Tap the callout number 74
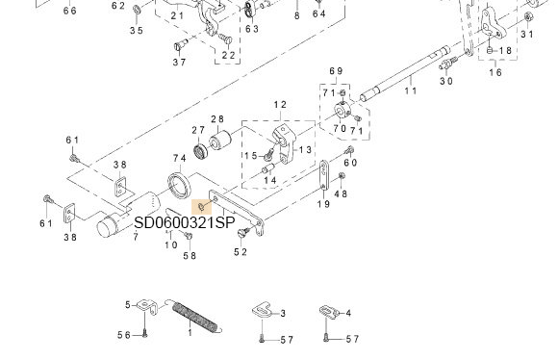[x=179, y=158]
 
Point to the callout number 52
[x=241, y=252]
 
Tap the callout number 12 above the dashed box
[x=280, y=103]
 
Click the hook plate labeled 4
[x=329, y=312]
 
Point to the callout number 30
[x=445, y=81]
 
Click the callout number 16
[x=495, y=72]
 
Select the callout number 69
[x=336, y=71]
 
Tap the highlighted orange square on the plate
[x=200, y=205]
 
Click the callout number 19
[x=324, y=204]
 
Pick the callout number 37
[x=179, y=62]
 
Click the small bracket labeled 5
[x=145, y=306]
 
